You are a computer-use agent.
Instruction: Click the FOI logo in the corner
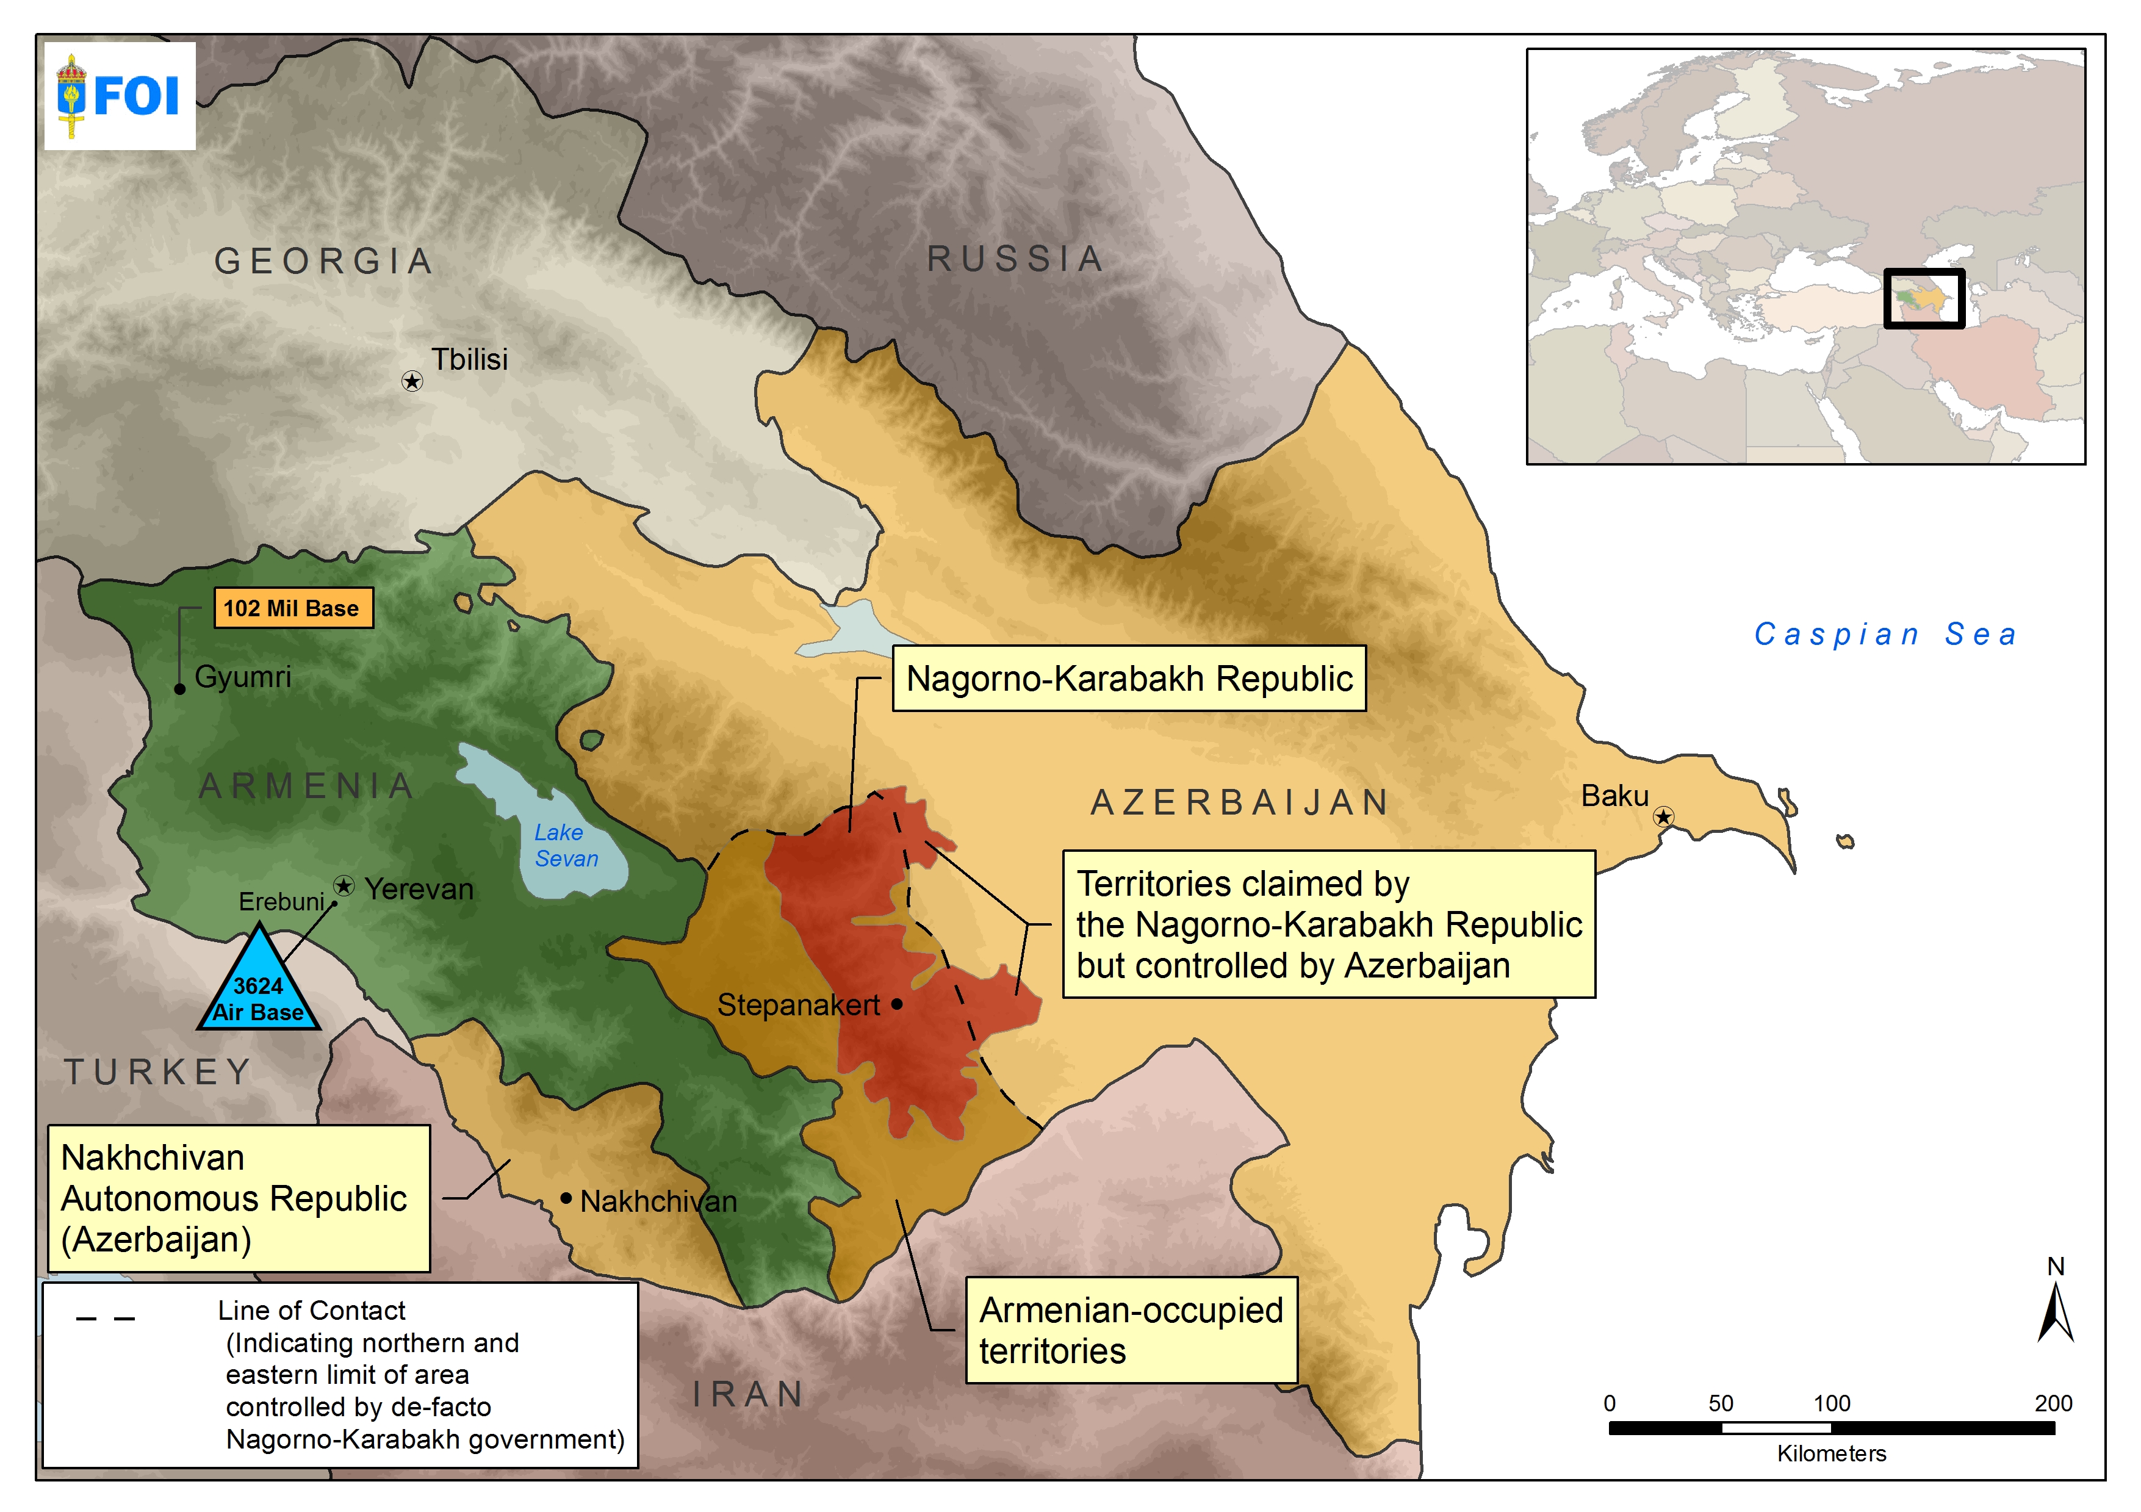120,95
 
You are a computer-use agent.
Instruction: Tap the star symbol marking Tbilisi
412,381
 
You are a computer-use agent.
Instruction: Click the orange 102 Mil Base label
293,608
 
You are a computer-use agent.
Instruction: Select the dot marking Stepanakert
896,1004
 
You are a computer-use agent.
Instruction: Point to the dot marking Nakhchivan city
566,1198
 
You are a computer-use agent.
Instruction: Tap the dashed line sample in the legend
106,1318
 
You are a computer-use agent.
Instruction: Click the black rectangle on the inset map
1924,298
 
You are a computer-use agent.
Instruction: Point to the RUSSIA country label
1015,258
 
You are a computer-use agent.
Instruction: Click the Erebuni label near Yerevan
281,901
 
